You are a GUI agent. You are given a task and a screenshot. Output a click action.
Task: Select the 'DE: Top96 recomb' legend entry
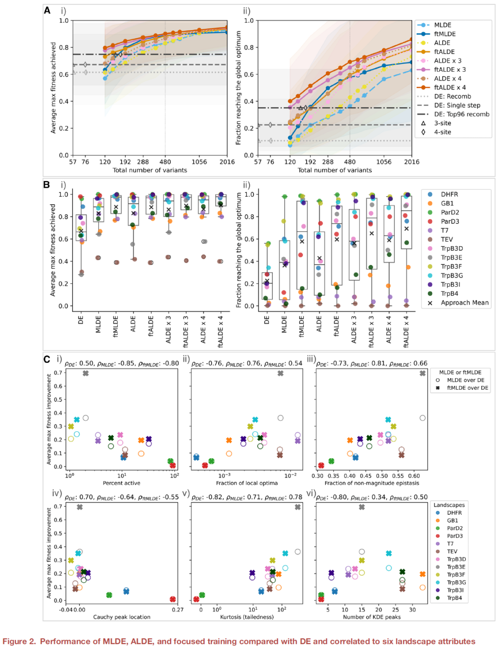pos(461,114)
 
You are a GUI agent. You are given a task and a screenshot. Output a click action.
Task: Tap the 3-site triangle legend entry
pos(442,123)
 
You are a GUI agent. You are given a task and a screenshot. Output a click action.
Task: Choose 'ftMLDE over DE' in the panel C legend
pos(467,388)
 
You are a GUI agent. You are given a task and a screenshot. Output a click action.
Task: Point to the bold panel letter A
pos(47,10)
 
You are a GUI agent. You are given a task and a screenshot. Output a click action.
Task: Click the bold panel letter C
pos(47,359)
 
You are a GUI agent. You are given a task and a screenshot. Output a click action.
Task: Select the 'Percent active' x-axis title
pos(121,483)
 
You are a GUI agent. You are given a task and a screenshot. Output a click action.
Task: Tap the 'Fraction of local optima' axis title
pos(247,483)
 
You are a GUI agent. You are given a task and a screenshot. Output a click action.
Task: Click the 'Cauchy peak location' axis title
pos(122,617)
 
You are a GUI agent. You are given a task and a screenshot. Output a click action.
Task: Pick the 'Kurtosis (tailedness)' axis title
pos(247,617)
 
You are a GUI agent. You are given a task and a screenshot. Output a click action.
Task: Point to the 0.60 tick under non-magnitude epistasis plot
pos(414,476)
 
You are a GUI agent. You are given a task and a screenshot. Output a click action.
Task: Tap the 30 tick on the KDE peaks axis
pos(412,610)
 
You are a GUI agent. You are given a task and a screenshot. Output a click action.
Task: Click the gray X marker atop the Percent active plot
pos(86,373)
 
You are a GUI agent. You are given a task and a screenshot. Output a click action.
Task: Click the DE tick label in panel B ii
pos(267,320)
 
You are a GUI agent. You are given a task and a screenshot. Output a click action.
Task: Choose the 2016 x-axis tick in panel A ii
pos(411,162)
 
